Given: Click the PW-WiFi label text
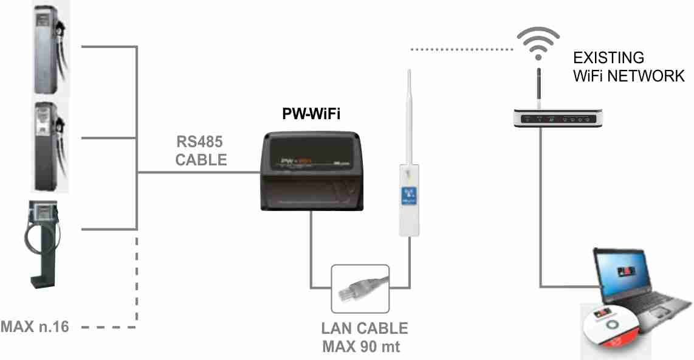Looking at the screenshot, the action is [311, 114].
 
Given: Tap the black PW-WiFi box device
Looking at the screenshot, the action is [312, 171].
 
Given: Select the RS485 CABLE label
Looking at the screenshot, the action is [201, 151].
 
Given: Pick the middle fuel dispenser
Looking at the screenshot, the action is [50, 146].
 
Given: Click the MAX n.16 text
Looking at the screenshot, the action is [35, 327].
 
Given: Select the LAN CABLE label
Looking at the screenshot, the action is [364, 328].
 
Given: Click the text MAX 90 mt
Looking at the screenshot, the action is [361, 346].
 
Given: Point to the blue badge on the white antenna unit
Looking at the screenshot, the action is [408, 196].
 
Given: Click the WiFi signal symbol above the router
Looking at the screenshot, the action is [538, 43].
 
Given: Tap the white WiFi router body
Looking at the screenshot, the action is [558, 118].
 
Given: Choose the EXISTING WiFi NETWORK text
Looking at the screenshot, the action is [628, 67].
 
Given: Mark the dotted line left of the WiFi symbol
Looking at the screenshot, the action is [462, 50].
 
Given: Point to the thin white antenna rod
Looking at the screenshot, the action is [410, 117].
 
